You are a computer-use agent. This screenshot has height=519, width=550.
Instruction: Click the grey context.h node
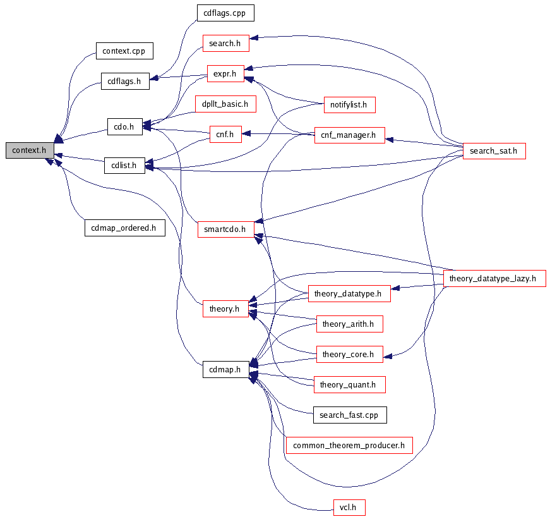tap(29, 150)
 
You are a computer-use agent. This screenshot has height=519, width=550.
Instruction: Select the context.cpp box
tap(124, 51)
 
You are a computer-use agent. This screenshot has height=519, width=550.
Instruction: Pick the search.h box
tap(225, 43)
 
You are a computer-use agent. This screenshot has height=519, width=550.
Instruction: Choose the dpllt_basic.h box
tap(225, 104)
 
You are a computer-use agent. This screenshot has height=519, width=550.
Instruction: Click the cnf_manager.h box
tap(349, 135)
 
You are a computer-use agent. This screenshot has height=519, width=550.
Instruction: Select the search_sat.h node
tap(494, 150)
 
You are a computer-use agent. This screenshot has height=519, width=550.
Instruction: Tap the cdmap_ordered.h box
tap(124, 228)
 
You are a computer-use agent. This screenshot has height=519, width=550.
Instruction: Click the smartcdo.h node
tap(225, 229)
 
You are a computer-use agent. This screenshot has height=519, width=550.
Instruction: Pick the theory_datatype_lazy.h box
tap(494, 278)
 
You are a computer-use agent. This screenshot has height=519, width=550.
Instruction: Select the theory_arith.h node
tap(349, 324)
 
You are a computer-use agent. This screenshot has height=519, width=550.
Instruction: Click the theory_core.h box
tap(349, 355)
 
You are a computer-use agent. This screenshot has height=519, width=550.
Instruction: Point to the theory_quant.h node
tap(349, 384)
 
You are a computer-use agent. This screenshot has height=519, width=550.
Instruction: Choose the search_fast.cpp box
tap(349, 415)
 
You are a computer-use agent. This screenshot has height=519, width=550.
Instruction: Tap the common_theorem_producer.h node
tap(349, 445)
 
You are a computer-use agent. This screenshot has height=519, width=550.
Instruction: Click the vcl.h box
tap(349, 507)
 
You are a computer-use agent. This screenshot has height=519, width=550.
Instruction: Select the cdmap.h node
tap(225, 370)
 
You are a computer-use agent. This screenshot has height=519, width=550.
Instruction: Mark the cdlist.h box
tap(124, 166)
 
